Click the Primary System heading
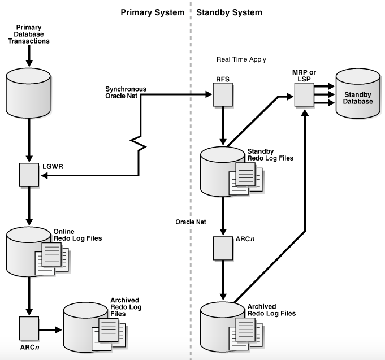153,12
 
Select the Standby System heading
229,12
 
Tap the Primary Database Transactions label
32,34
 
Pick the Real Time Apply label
241,59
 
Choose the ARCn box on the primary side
28,327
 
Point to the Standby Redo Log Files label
270,155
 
